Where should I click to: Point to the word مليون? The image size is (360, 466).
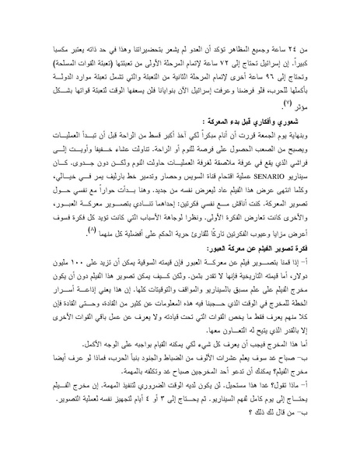(48, 247)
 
